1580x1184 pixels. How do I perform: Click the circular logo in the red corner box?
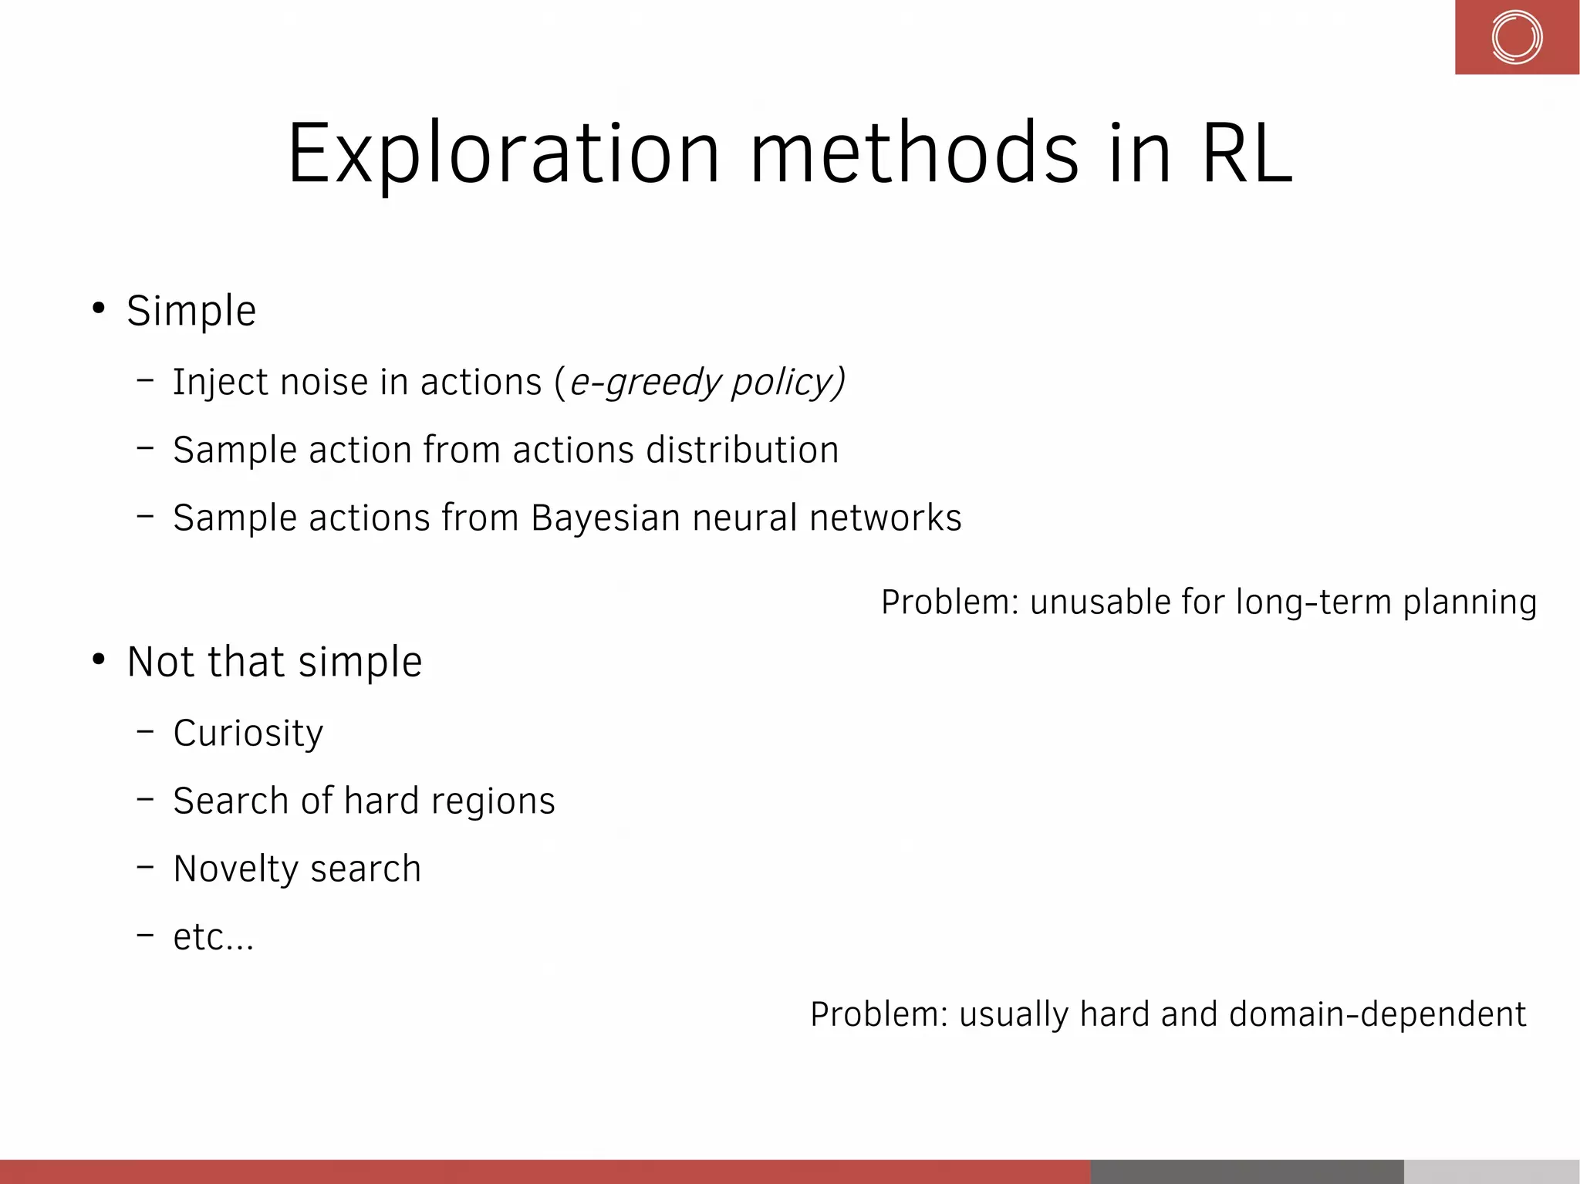[x=1516, y=37]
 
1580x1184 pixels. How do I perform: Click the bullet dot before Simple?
[x=98, y=309]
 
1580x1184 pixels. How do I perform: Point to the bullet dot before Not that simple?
[x=98, y=659]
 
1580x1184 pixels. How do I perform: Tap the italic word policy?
[x=782, y=383]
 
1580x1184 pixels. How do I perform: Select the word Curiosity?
[x=248, y=733]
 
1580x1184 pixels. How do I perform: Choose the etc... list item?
[x=213, y=937]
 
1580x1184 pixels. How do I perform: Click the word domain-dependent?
[x=1377, y=1014]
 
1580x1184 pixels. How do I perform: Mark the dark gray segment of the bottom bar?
[x=1247, y=1171]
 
